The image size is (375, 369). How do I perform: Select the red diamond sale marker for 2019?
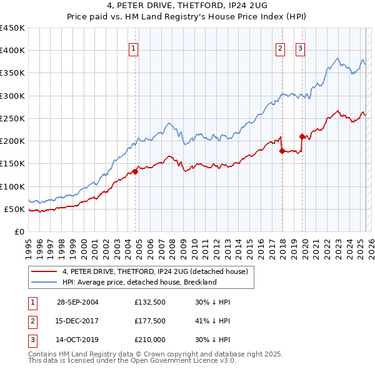point(302,136)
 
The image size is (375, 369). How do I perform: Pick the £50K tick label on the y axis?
point(15,209)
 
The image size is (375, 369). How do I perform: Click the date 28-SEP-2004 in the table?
point(77,302)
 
